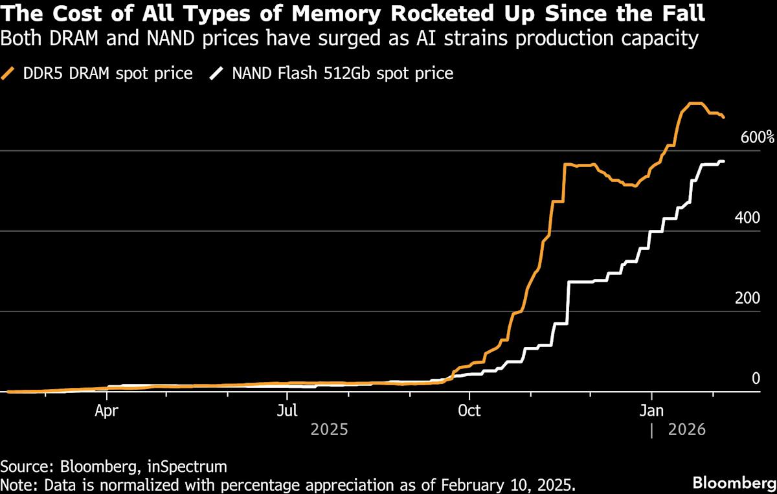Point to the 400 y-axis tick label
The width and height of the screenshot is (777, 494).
748,218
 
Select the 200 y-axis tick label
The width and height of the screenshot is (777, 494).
748,298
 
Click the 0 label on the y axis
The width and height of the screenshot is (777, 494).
755,379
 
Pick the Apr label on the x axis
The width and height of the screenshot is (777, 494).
107,410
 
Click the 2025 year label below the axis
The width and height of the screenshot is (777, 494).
330,429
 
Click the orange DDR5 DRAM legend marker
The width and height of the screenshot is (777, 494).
10,73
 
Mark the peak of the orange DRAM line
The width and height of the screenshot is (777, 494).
693,104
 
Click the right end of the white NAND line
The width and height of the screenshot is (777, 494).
723,161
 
